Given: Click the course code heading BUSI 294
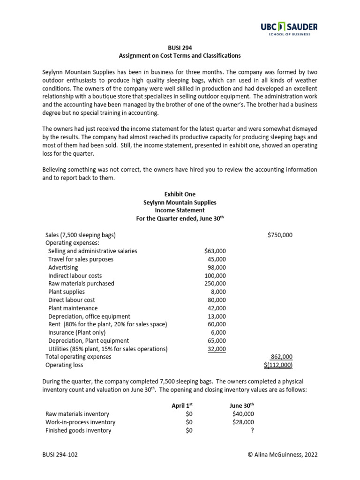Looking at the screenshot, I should click(180, 47).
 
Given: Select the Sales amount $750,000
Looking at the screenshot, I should click(280, 235).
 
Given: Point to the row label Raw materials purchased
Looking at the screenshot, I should click(81, 284).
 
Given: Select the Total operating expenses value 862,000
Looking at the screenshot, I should click(282, 357).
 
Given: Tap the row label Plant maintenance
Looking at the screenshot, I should click(73, 308).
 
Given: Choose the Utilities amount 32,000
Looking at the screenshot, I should click(216, 349).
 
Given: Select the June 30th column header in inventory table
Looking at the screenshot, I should click(242, 405).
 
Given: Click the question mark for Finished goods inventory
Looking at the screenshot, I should click(252, 430).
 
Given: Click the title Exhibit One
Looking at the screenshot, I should click(180, 194).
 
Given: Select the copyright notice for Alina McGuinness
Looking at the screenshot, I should click(281, 454).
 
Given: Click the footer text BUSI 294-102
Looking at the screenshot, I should click(61, 454).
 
